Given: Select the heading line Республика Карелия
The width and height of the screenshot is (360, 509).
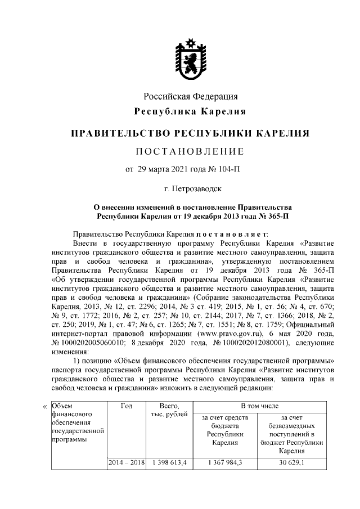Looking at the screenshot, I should click(190, 111).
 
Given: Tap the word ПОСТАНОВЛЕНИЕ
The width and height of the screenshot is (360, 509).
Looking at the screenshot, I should click(190, 151).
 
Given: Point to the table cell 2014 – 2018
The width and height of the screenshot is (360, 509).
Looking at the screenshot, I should click(126, 462).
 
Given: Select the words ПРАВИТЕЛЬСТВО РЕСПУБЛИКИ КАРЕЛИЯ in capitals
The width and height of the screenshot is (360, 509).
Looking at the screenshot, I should click(190, 134).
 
